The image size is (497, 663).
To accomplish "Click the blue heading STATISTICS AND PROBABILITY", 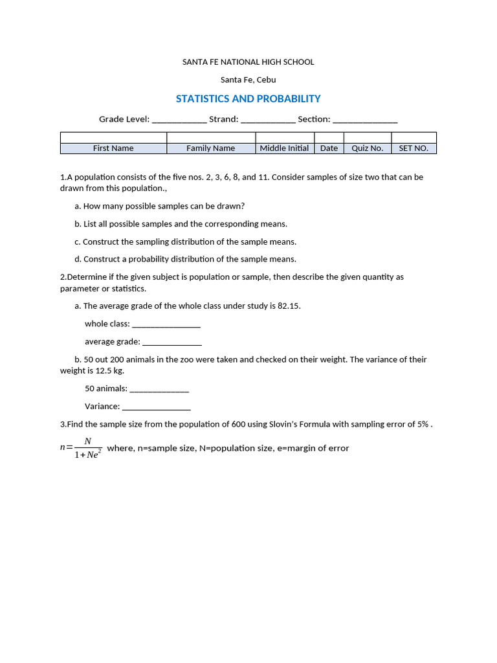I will [x=248, y=99].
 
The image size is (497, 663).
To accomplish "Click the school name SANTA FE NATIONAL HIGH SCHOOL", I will [x=248, y=62].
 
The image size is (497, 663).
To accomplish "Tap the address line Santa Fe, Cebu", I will [x=248, y=80].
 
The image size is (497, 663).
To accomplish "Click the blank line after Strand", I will [x=268, y=120].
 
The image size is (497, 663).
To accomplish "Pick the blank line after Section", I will [x=365, y=120].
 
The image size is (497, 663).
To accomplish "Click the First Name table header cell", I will [x=113, y=148].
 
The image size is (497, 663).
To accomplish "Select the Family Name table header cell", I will [x=211, y=148].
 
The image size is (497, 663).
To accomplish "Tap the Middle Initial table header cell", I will [x=284, y=148].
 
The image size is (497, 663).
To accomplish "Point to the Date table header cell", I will [x=329, y=148].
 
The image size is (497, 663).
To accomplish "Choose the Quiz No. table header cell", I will [x=367, y=148].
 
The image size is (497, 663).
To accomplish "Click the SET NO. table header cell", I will [x=414, y=148].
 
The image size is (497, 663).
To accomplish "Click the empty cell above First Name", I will [x=113, y=137].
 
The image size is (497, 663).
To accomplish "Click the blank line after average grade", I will [x=172, y=343].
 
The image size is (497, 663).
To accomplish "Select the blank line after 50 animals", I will [x=159, y=390].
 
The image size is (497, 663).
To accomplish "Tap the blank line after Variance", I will [x=157, y=407].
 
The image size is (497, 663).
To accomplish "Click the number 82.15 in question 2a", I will [x=289, y=306].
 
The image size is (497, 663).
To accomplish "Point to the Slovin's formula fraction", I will [x=87, y=447].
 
